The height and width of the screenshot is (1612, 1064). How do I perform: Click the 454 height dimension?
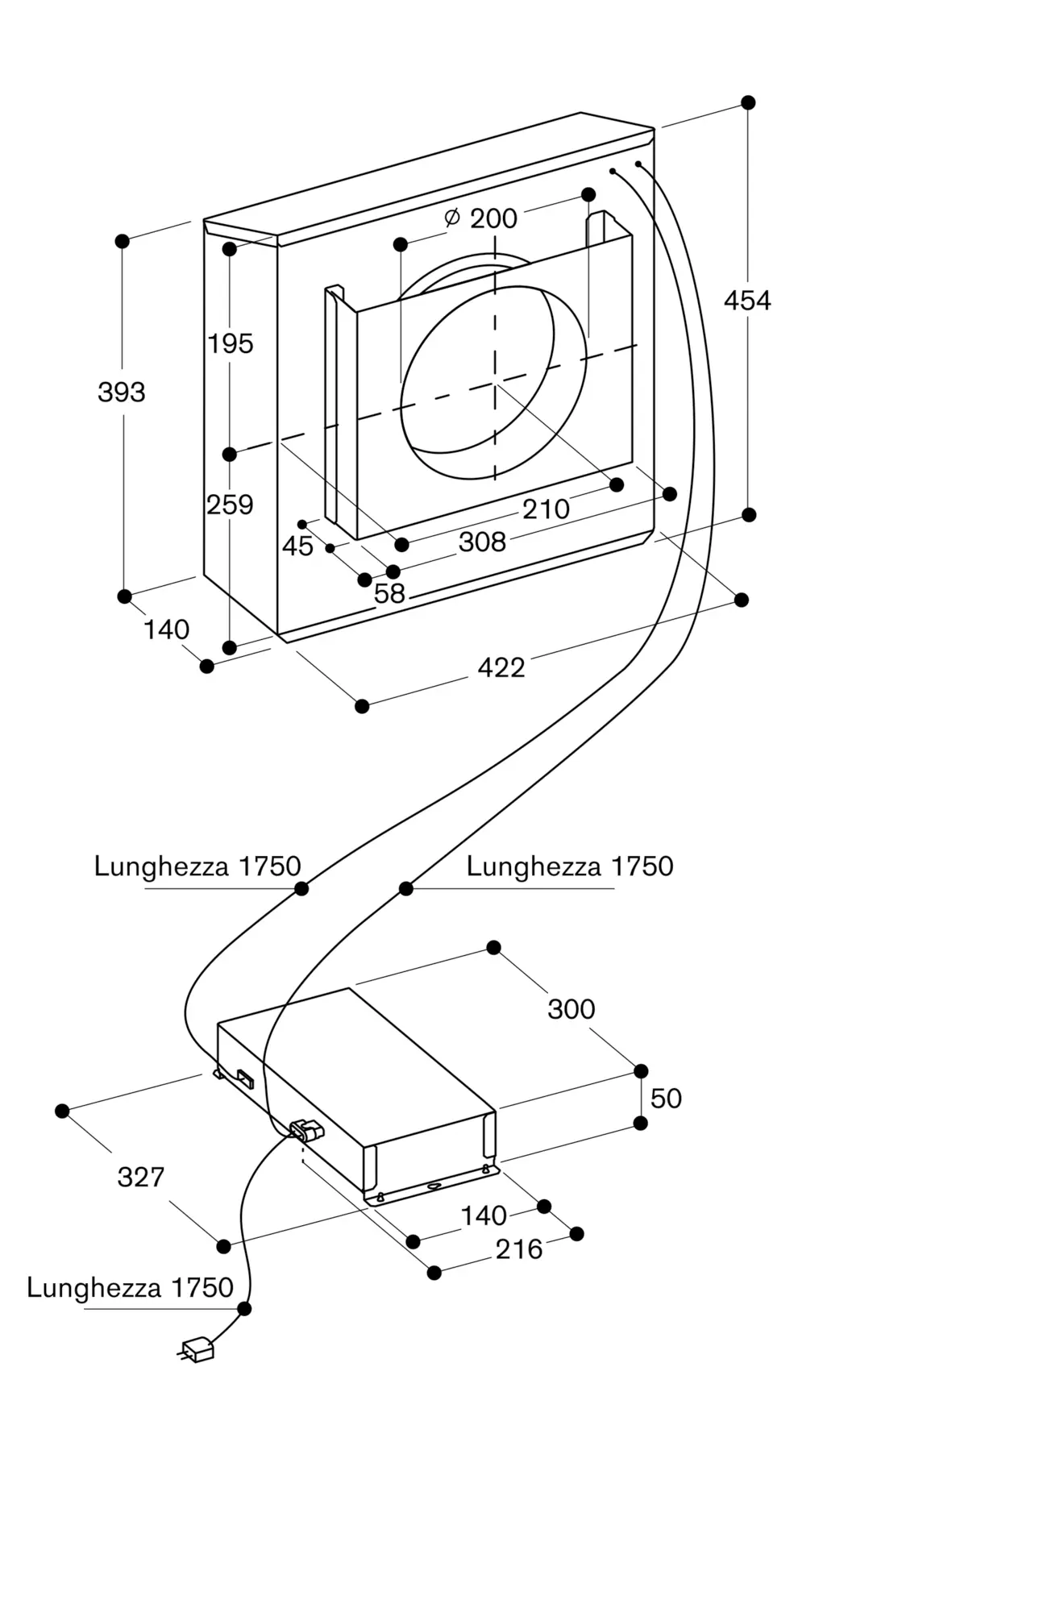[x=747, y=301]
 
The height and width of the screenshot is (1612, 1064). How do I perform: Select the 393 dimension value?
[x=122, y=393]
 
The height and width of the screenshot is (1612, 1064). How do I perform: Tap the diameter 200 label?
[x=481, y=218]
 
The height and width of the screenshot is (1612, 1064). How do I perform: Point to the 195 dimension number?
[x=231, y=344]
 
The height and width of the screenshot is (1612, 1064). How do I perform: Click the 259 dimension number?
[x=230, y=505]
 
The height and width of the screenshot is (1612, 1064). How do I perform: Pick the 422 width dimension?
[x=501, y=667]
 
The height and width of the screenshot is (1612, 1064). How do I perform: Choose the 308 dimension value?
[x=482, y=542]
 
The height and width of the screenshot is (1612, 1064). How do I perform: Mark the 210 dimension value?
[x=546, y=509]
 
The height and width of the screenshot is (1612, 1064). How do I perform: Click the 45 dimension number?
[x=297, y=546]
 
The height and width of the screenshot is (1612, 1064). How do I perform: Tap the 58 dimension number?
[x=389, y=594]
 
